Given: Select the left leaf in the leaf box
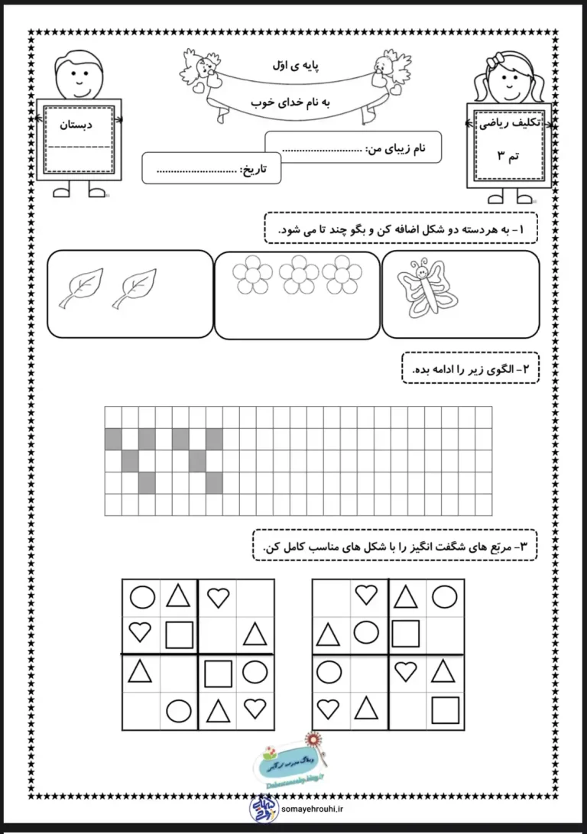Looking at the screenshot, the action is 80,288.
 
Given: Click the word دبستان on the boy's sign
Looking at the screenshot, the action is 76,124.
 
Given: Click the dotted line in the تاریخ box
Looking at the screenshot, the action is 194,170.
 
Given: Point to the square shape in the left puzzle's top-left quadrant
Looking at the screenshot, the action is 179,634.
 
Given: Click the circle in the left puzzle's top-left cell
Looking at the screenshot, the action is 142,596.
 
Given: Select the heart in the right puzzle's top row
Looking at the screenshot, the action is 367,594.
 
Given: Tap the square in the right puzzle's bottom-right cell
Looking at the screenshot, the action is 444,709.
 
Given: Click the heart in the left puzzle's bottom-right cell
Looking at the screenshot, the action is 255,709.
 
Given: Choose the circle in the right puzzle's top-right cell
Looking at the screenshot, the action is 444,595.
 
